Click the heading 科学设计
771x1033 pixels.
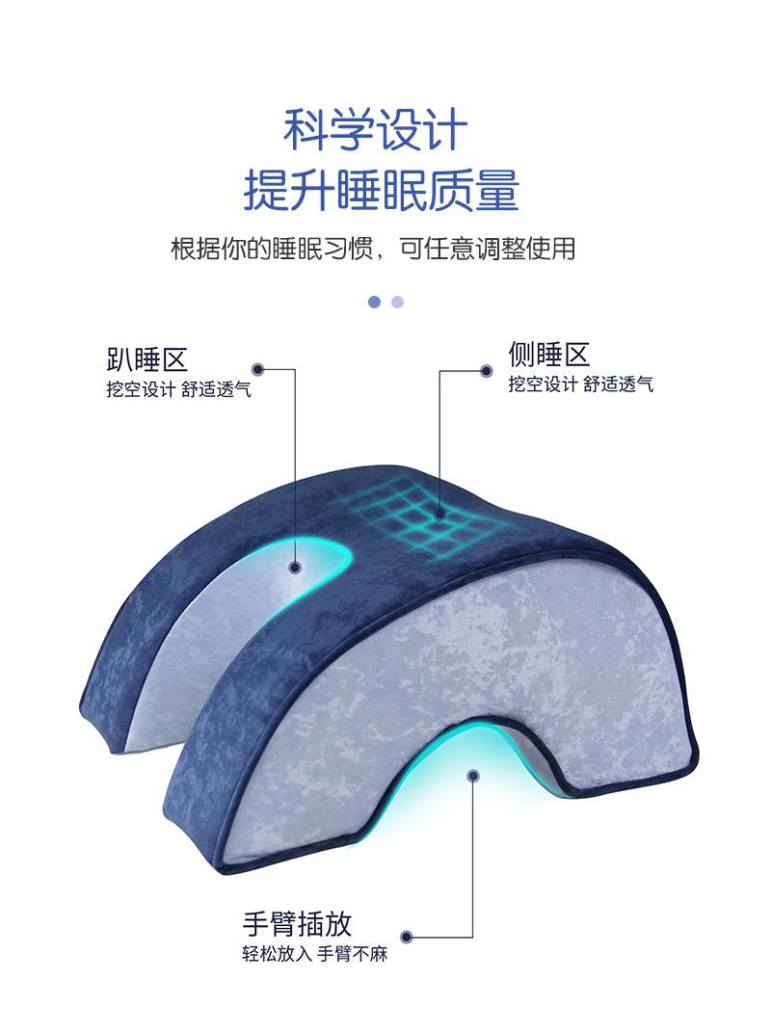point(376,130)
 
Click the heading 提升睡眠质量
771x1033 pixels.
point(382,190)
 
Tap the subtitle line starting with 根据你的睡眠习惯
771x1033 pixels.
point(373,248)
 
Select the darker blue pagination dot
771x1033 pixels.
point(374,302)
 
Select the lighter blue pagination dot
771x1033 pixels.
point(397,302)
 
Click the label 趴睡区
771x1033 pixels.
point(146,360)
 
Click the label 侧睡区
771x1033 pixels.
point(548,355)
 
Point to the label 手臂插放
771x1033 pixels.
point(297,924)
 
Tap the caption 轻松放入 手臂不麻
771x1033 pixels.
point(314,957)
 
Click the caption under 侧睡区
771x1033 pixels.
point(580,384)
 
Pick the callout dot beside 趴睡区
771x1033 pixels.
point(257,369)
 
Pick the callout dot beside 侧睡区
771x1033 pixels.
point(486,370)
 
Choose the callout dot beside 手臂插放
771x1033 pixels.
point(407,937)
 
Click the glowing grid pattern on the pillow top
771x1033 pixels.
point(425,521)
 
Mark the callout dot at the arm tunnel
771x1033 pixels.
point(472,774)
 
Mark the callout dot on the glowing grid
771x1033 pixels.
point(439,516)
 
